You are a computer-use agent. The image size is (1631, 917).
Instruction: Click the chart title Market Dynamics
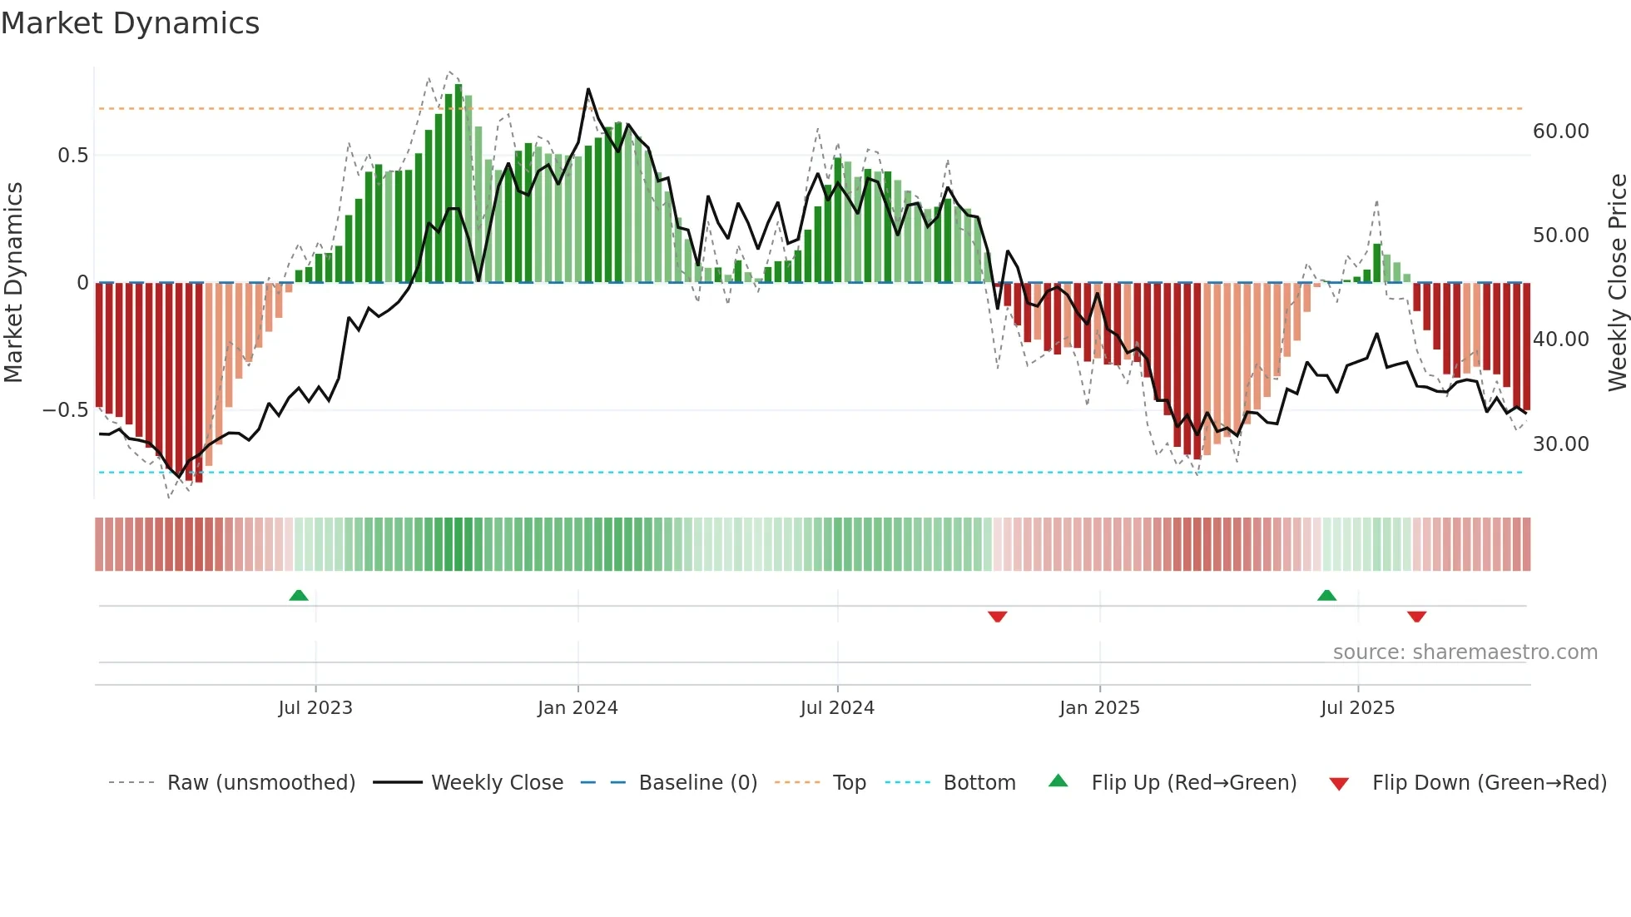click(130, 23)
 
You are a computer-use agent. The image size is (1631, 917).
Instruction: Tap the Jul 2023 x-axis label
click(315, 708)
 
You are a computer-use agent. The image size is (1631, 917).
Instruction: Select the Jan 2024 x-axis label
click(578, 708)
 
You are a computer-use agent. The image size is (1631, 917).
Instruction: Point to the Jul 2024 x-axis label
click(837, 708)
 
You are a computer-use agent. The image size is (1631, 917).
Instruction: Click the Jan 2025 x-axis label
click(1099, 708)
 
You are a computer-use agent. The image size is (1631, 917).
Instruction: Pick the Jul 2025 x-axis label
click(1357, 708)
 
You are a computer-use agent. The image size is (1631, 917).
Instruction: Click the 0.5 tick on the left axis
click(72, 156)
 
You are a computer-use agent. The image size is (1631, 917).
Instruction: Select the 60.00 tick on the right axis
click(1561, 131)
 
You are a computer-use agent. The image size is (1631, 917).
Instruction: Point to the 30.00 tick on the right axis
click(1561, 444)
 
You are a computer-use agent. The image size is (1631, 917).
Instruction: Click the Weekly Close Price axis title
click(1617, 283)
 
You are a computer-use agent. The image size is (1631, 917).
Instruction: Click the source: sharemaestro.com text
click(1465, 652)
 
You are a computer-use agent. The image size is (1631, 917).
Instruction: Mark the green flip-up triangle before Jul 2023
click(299, 595)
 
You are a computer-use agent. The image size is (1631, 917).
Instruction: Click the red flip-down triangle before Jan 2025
click(998, 617)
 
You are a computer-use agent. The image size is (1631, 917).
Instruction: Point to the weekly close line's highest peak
click(588, 89)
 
